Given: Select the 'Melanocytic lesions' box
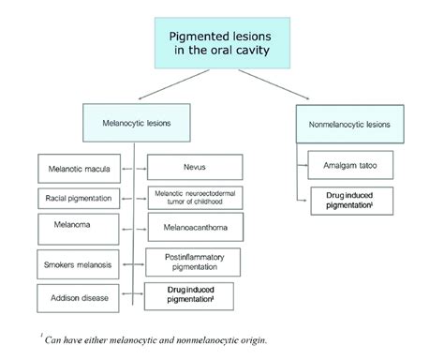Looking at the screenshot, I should tap(135, 122).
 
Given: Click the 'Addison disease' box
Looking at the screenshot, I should tap(78, 298).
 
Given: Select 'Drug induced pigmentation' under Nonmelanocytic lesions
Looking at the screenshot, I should tap(350, 201).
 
